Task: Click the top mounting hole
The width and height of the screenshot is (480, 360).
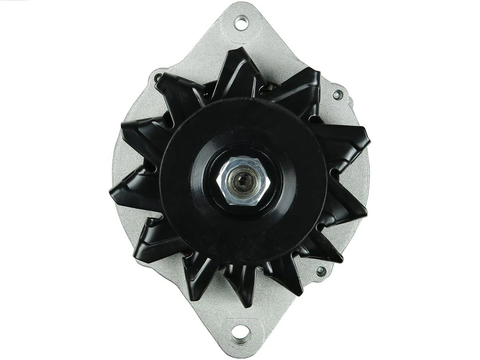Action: click(x=241, y=23)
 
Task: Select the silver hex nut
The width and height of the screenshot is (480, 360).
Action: click(x=243, y=181)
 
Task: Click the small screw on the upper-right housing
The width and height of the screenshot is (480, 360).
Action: click(x=337, y=95)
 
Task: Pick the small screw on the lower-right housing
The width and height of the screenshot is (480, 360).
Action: click(x=320, y=271)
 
